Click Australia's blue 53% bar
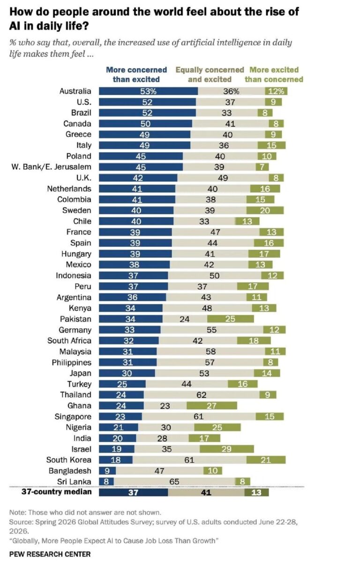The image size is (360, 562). [148, 91]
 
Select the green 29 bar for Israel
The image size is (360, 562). [227, 449]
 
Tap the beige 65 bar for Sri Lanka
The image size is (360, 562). [174, 481]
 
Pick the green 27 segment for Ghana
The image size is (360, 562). [211, 406]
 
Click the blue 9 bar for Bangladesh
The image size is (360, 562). [107, 471]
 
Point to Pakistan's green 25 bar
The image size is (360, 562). [231, 319]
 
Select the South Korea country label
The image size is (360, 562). [69, 460]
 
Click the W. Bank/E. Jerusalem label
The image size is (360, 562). [51, 167]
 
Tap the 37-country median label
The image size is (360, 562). [57, 491]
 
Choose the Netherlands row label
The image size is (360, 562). [69, 189]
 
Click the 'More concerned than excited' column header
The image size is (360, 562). [136, 74]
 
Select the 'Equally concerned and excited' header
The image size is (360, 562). [210, 74]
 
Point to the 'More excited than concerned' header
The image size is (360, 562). [274, 74]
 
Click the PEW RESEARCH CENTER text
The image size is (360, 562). [50, 554]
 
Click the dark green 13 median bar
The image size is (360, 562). [256, 492]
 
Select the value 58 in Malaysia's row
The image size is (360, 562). [210, 352]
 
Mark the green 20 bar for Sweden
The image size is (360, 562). [265, 210]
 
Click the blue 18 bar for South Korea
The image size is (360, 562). [116, 460]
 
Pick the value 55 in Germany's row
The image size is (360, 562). [211, 330]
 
